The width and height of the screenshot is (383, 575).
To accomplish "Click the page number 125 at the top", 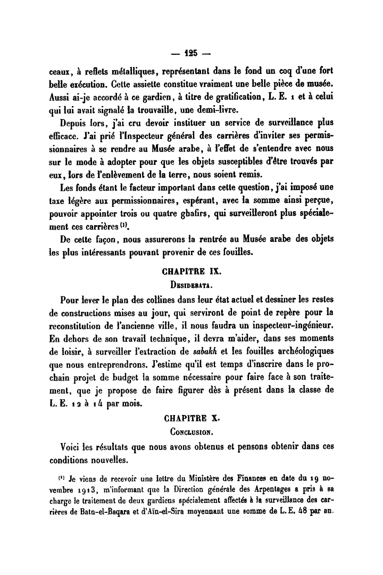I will pyautogui.click(x=190, y=53).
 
